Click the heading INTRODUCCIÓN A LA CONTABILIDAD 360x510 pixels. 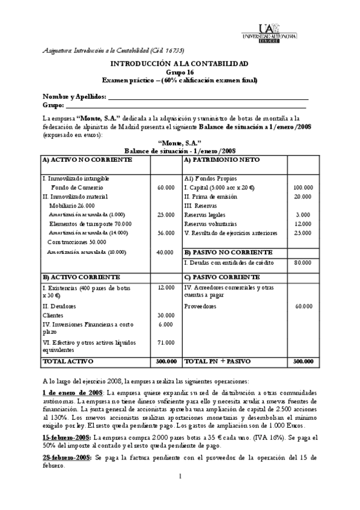coord(180,63)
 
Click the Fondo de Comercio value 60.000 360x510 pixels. coord(166,188)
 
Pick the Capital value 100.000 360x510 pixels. coord(303,188)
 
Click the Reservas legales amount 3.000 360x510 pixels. coord(303,215)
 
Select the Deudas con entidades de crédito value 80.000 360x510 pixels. coord(303,263)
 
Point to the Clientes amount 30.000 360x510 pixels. coord(166,315)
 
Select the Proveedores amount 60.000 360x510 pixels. coord(303,306)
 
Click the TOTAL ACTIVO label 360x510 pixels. coord(63,361)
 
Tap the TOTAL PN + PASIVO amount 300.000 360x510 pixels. coord(303,361)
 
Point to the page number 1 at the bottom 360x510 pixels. coord(180,493)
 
